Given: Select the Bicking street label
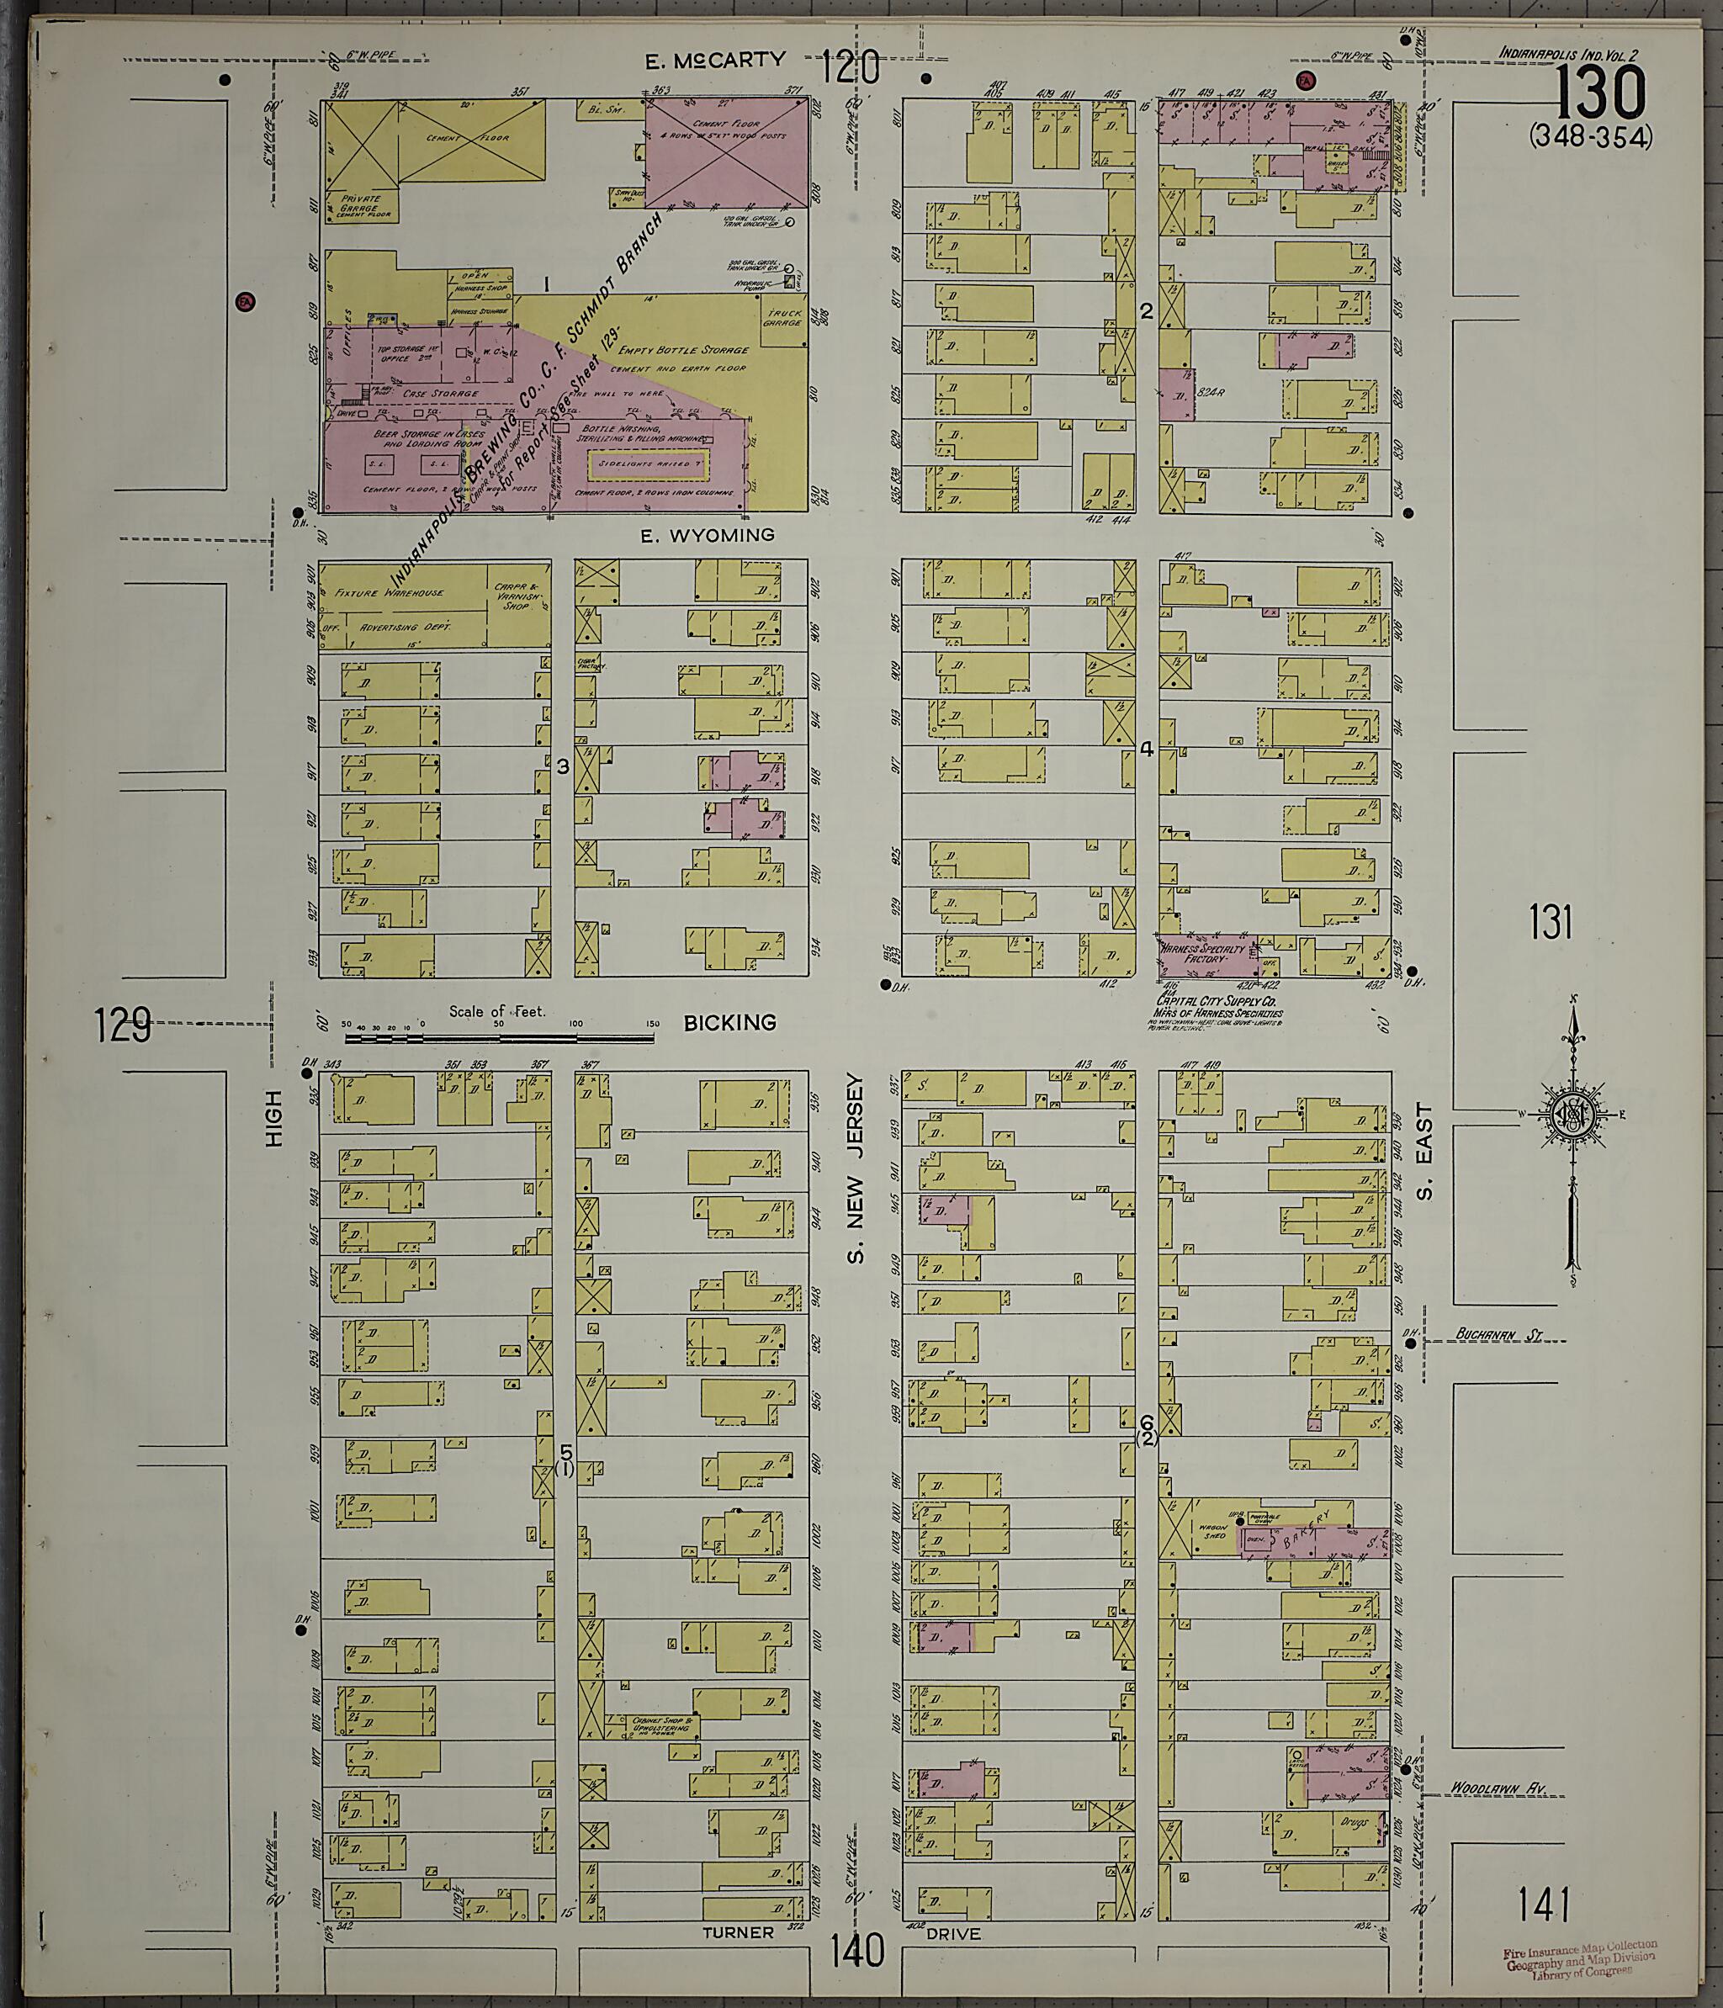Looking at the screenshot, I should [x=729, y=1022].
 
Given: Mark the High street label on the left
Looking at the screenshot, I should [x=273, y=1120].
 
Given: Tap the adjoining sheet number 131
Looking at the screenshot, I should [x=1550, y=922].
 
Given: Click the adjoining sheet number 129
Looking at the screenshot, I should [x=124, y=1025].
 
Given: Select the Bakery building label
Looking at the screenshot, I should [x=1321, y=1539].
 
